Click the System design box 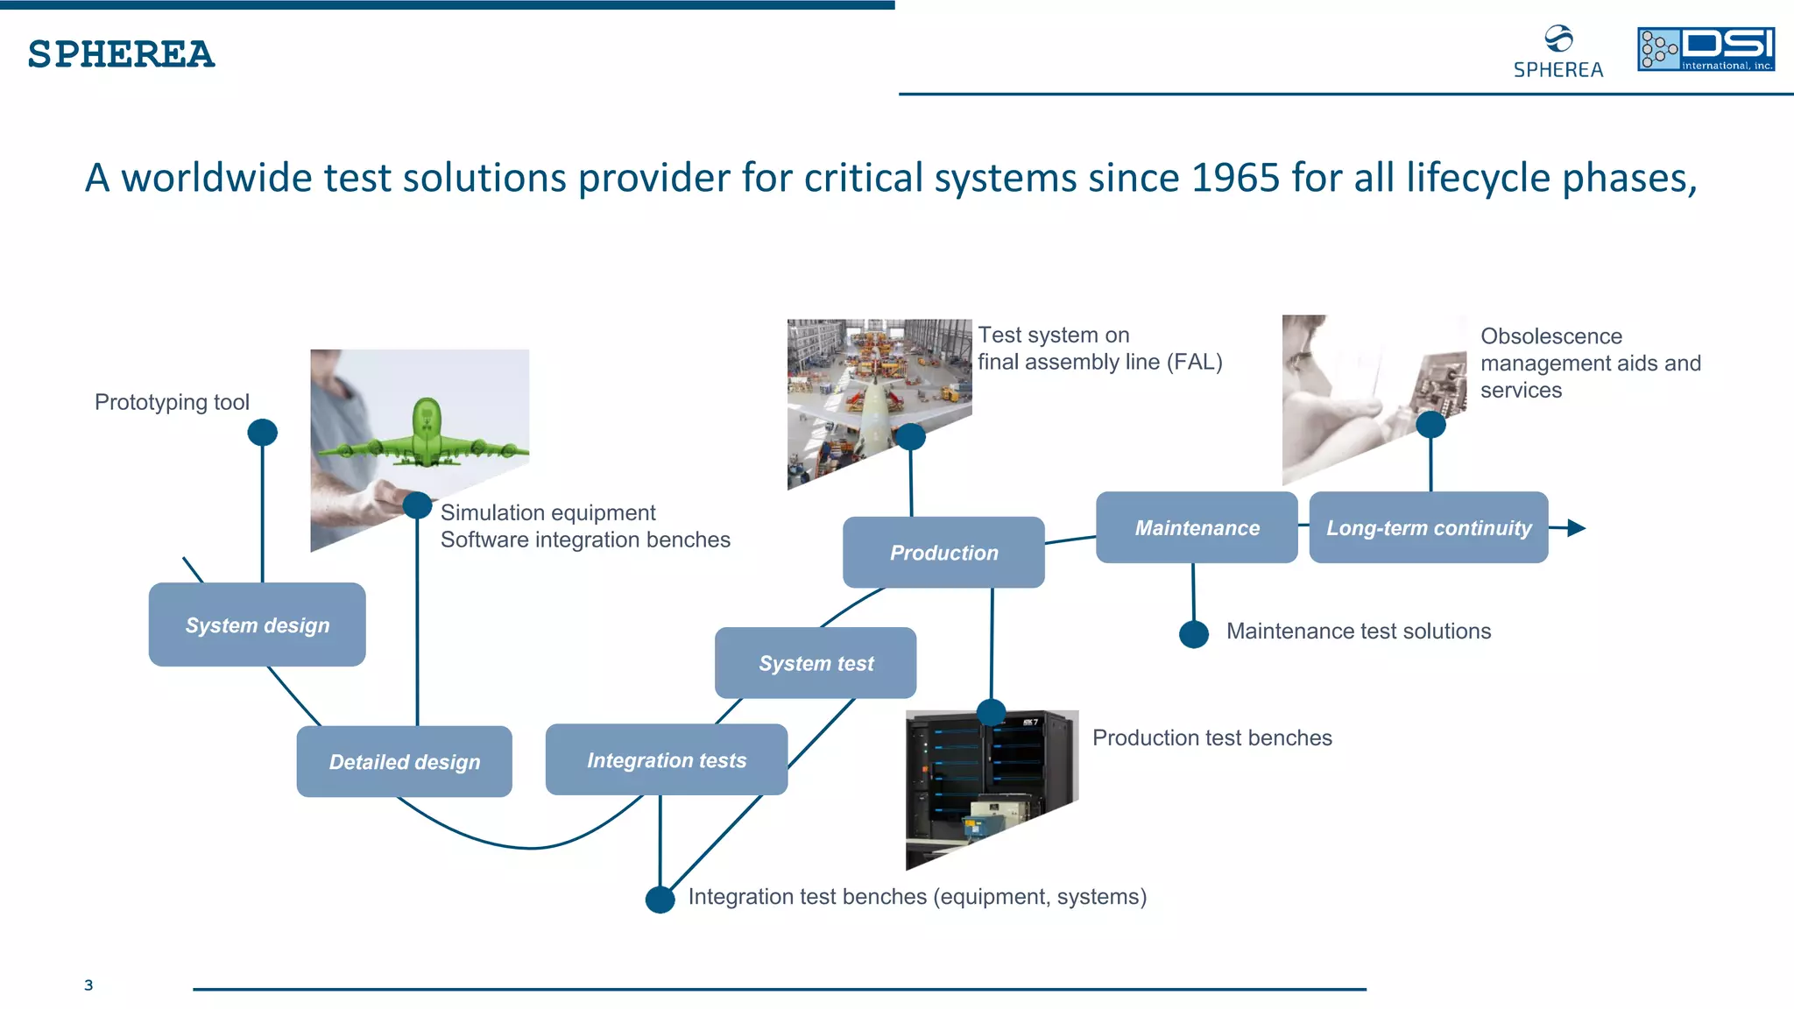pos(257,624)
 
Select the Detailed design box pos(404,761)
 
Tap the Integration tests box pos(666,759)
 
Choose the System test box pos(816,663)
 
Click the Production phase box pos(943,553)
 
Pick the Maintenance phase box pos(1197,527)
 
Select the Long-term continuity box pos(1428,527)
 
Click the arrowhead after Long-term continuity pos(1576,527)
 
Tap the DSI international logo pos(1706,49)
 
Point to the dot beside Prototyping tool pos(262,432)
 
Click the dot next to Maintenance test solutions pos(1193,633)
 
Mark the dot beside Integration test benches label pos(660,899)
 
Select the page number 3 pos(88,985)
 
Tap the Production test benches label pos(1211,737)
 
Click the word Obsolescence pos(1550,336)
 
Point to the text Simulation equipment pos(547,512)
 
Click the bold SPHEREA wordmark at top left pos(121,54)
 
